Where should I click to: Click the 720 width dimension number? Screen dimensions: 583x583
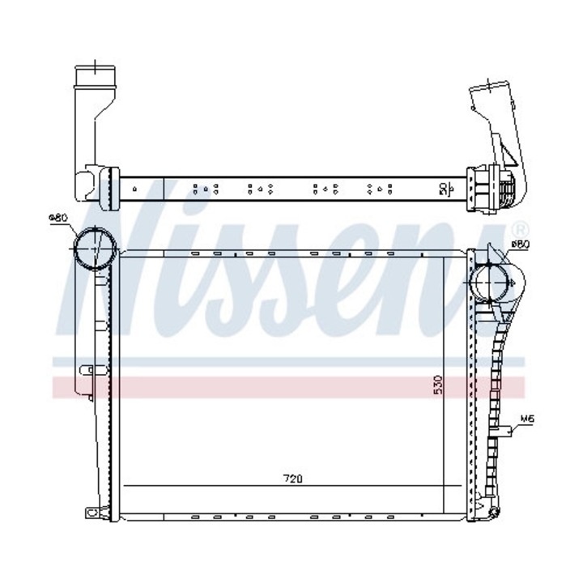coord(292,478)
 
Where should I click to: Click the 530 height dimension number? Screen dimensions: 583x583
coord(437,384)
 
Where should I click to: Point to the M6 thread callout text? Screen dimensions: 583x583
coord(527,419)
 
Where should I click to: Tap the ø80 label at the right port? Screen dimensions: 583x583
coord(520,243)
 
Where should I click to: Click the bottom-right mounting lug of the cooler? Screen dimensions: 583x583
coord(492,509)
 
